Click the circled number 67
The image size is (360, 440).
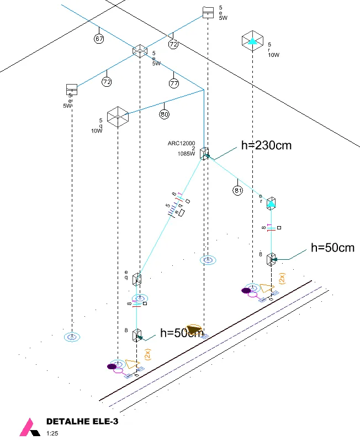[99, 39]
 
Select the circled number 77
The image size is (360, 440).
[174, 83]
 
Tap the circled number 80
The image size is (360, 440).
[164, 114]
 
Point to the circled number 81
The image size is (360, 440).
[238, 191]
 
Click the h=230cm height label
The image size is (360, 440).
[266, 145]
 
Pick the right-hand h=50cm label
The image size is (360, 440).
[332, 247]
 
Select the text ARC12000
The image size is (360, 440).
[182, 143]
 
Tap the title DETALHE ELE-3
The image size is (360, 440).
[82, 421]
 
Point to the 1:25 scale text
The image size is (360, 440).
[52, 433]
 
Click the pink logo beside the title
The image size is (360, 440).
[27, 427]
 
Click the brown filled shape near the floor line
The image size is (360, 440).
[195, 330]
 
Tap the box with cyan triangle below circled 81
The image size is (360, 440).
[271, 203]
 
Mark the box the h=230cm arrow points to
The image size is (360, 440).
[204, 154]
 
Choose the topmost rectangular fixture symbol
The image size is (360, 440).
[208, 12]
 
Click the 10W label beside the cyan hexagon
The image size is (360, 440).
[274, 55]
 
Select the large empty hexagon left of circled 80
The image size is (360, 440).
[118, 117]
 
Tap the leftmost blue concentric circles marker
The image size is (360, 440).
[72, 336]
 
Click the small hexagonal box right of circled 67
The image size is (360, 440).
[139, 51]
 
